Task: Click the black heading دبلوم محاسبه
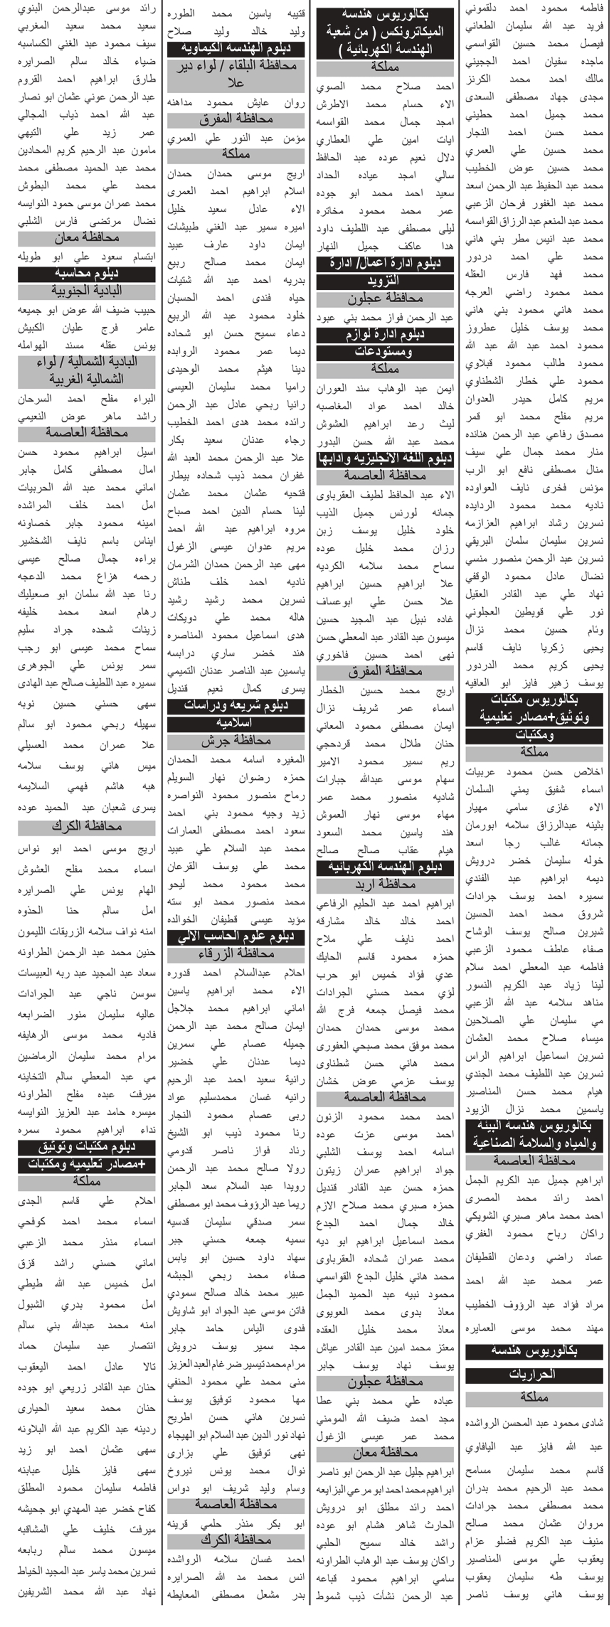click(x=86, y=274)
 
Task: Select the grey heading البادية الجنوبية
click(x=86, y=291)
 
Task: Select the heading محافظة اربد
click(x=384, y=884)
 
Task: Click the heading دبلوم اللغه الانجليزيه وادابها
click(x=384, y=459)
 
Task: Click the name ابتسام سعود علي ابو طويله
click(x=86, y=256)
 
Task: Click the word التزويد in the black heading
click(x=384, y=281)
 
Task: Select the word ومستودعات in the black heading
click(x=384, y=352)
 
